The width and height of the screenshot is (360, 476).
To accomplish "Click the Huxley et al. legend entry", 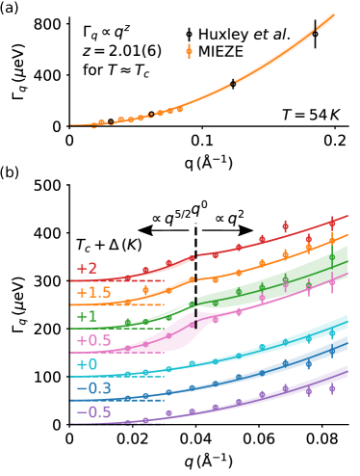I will (x=244, y=35).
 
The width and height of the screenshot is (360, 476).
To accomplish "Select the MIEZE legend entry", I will (x=221, y=52).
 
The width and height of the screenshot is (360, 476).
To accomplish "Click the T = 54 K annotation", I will (x=310, y=116).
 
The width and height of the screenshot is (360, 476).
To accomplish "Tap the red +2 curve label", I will (x=87, y=269).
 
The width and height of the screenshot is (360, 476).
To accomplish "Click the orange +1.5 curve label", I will (x=93, y=293).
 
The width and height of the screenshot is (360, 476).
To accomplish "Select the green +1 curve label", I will (x=87, y=317).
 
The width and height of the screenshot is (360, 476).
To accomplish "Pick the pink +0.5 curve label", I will (x=93, y=341).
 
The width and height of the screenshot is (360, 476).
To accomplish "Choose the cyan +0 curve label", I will (x=87, y=365).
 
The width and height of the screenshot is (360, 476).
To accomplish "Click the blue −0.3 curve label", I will (x=93, y=389).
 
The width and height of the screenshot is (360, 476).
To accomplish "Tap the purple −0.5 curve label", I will (x=93, y=413).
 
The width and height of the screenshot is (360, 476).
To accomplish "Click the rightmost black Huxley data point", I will (x=315, y=34).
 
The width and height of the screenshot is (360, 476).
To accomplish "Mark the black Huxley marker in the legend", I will (x=189, y=35).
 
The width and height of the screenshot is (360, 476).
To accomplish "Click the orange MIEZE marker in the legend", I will (x=189, y=52).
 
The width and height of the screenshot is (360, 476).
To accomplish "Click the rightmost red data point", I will (x=331, y=224).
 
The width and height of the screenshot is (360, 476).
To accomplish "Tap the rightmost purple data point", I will (x=331, y=388).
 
